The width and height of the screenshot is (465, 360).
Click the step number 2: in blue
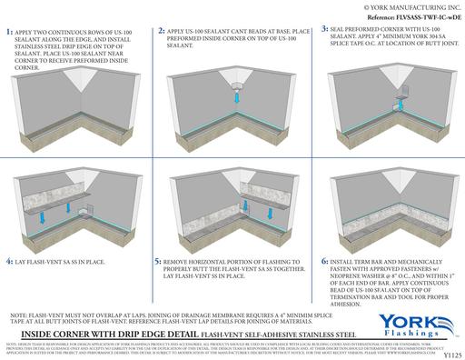click(161, 32)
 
